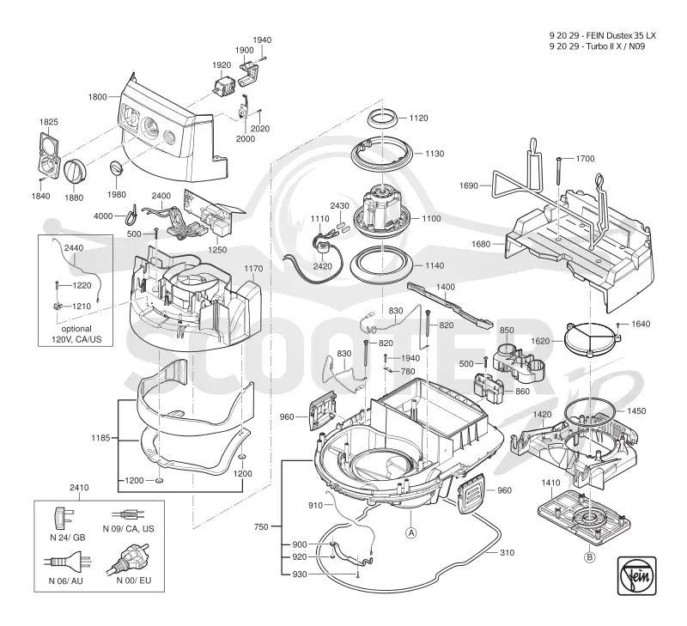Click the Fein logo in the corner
[636, 575]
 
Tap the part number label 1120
[418, 118]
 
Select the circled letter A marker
[411, 532]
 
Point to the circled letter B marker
[590, 557]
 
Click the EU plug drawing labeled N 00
[126, 558]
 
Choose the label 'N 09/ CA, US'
[128, 529]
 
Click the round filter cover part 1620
[592, 339]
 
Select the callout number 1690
[468, 185]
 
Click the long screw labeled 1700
[559, 171]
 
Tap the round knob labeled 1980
[116, 168]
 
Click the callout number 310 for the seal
[507, 553]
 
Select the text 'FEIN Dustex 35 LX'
[621, 36]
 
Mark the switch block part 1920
[222, 87]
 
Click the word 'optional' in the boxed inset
[76, 329]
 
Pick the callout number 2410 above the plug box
[79, 488]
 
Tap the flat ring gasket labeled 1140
[382, 265]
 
